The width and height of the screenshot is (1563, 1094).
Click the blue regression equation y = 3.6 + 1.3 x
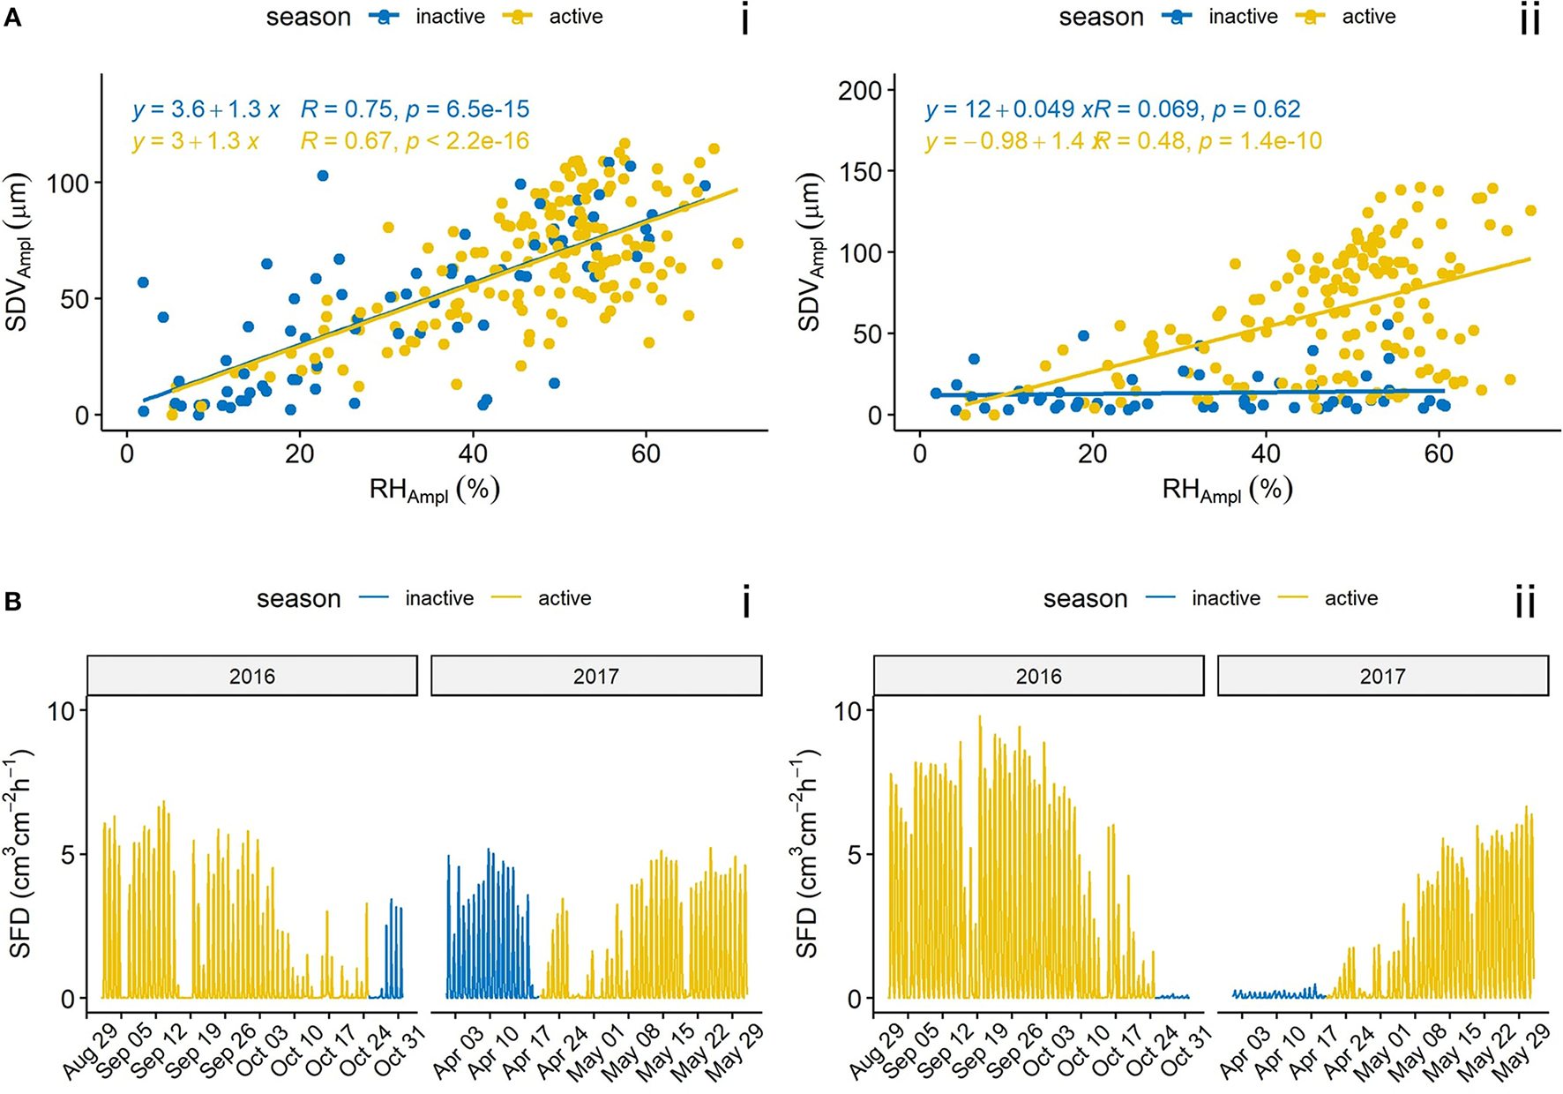[x=206, y=109]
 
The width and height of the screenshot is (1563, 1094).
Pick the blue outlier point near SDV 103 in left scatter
[x=323, y=176]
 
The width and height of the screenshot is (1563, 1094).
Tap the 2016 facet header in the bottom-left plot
[x=252, y=677]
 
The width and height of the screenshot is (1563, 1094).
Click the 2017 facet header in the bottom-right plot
[x=1382, y=677]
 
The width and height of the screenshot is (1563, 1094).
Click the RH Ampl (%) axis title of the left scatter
[x=434, y=490]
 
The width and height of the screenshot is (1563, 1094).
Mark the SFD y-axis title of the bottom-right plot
[x=807, y=854]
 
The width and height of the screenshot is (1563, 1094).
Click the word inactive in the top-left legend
[x=450, y=17]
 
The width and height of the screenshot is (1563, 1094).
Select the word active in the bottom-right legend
[x=1350, y=598]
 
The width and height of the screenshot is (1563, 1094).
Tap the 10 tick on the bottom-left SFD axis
[x=62, y=710]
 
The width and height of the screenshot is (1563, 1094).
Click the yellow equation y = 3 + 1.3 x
[x=195, y=141]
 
